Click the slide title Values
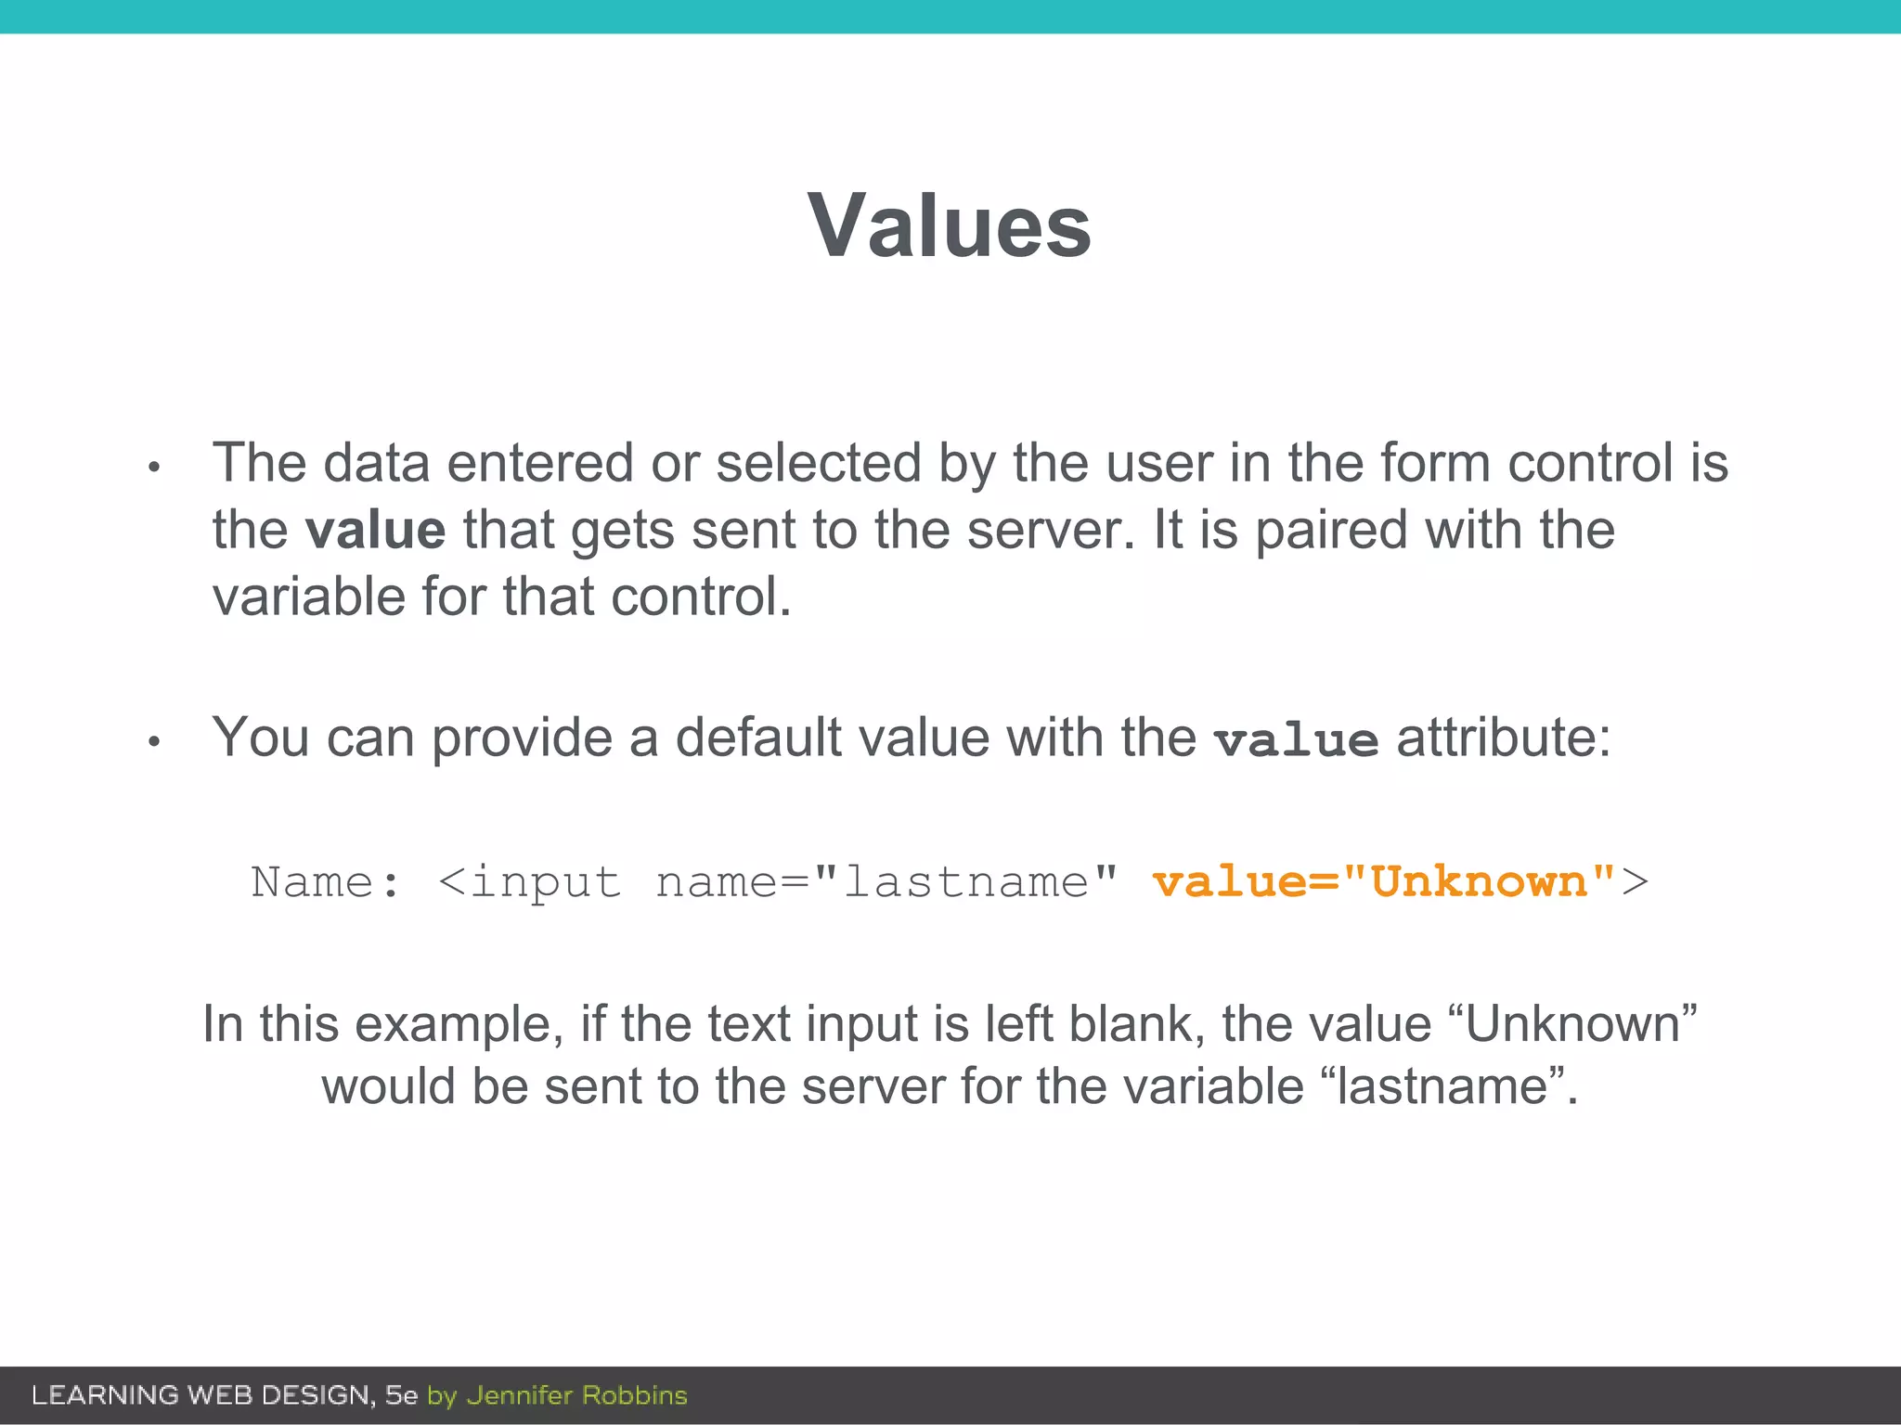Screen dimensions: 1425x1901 point(950,225)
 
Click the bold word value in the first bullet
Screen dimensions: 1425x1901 point(375,530)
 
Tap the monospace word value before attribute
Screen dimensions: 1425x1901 point(1296,740)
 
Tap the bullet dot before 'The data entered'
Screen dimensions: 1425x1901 point(155,468)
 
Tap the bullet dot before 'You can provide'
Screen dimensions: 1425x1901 point(155,741)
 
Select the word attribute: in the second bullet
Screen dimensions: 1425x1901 point(1504,738)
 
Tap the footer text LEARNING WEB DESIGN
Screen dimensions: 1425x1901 point(202,1395)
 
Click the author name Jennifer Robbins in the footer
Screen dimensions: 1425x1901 point(576,1395)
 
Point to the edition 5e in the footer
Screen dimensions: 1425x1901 point(401,1395)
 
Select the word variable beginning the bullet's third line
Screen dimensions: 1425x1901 point(308,597)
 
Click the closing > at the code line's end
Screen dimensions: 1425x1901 point(1635,881)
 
